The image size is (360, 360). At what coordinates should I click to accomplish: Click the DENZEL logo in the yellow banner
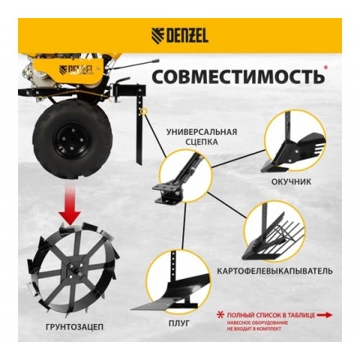click(x=179, y=35)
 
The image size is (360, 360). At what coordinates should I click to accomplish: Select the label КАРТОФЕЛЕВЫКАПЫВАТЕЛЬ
click(x=275, y=269)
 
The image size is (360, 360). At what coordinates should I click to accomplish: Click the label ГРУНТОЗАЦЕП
click(x=75, y=326)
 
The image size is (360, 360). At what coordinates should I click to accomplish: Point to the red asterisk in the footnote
click(x=220, y=314)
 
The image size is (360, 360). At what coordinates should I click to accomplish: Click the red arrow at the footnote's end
click(x=325, y=314)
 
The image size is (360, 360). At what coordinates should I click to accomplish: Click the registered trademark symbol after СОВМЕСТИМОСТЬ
click(x=326, y=68)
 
